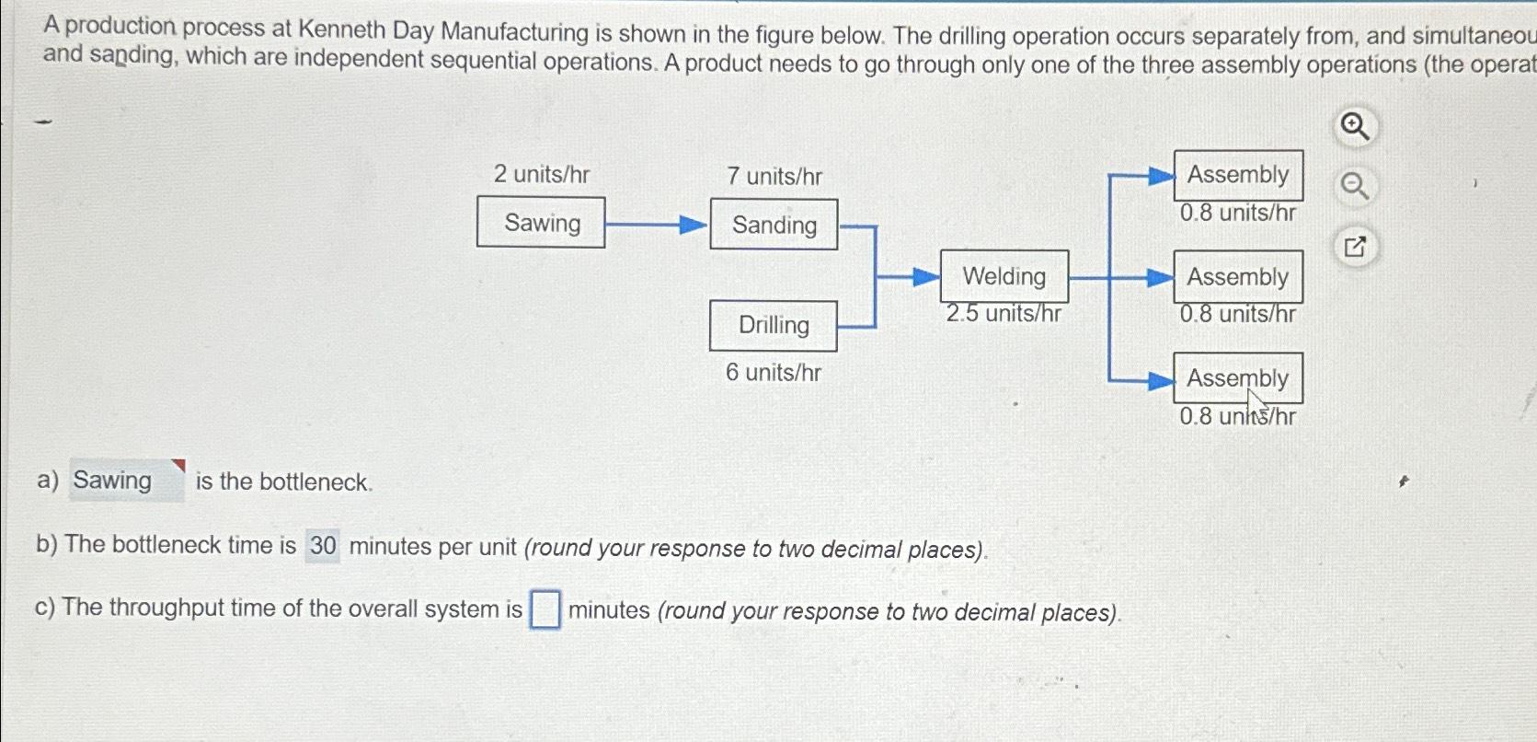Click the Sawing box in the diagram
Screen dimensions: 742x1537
541,223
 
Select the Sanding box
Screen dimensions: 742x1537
774,225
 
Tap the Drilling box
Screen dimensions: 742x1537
774,326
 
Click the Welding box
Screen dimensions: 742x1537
1004,276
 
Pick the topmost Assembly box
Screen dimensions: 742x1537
1238,175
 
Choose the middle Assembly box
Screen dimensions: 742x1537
1238,277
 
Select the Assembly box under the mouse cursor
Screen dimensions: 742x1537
1238,378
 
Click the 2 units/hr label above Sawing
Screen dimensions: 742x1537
542,174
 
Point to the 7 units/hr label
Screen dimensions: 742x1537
774,176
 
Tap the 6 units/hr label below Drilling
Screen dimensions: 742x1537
774,373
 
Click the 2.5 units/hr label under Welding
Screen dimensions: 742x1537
1004,314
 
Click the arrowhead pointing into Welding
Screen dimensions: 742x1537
926,276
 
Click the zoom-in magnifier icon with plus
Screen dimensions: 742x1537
1354,126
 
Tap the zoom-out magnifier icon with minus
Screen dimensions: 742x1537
1354,187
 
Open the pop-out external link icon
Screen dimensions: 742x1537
1355,247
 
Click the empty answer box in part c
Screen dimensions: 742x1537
545,609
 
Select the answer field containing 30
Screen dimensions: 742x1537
323,546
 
